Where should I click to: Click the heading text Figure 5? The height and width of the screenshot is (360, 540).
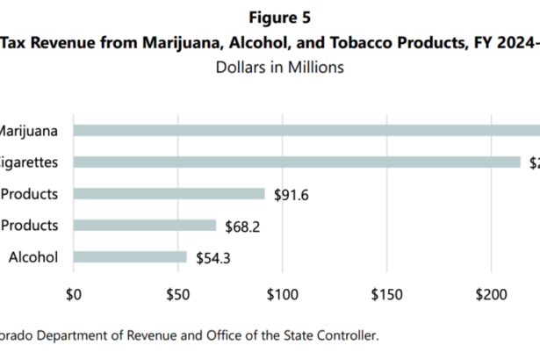pos(280,18)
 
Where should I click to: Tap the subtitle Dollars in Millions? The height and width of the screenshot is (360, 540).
pos(279,68)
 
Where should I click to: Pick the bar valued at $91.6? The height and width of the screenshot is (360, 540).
pos(169,194)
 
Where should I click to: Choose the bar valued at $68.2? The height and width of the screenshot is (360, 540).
pos(144,226)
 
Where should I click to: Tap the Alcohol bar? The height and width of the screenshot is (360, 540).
pos(130,257)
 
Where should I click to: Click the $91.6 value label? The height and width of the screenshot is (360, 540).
pos(290,194)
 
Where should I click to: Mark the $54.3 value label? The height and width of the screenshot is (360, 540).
pos(212,257)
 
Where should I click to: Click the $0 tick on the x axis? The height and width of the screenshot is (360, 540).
pos(74,292)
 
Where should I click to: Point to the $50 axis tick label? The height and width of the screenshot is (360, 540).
pos(177,292)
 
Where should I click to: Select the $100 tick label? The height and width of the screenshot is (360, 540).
pos(281,292)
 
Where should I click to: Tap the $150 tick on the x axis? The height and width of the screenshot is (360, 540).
pos(385,292)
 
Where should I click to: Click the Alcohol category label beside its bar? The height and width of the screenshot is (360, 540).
pos(33,257)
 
